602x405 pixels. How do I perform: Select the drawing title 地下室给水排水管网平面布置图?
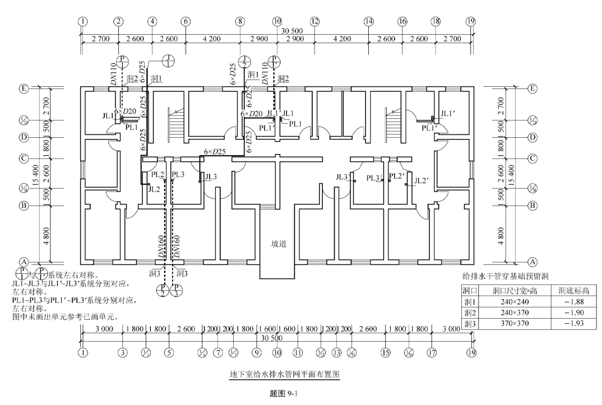click(285, 373)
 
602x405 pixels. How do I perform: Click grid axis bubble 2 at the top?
click(118, 21)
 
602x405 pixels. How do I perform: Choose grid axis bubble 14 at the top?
click(368, 21)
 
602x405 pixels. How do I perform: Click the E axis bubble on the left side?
click(24, 88)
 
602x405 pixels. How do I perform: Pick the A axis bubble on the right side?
click(533, 262)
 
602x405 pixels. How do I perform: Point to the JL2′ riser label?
click(422, 180)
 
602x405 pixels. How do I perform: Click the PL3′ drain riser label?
click(374, 178)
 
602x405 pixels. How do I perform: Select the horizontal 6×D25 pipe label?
click(215, 151)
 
